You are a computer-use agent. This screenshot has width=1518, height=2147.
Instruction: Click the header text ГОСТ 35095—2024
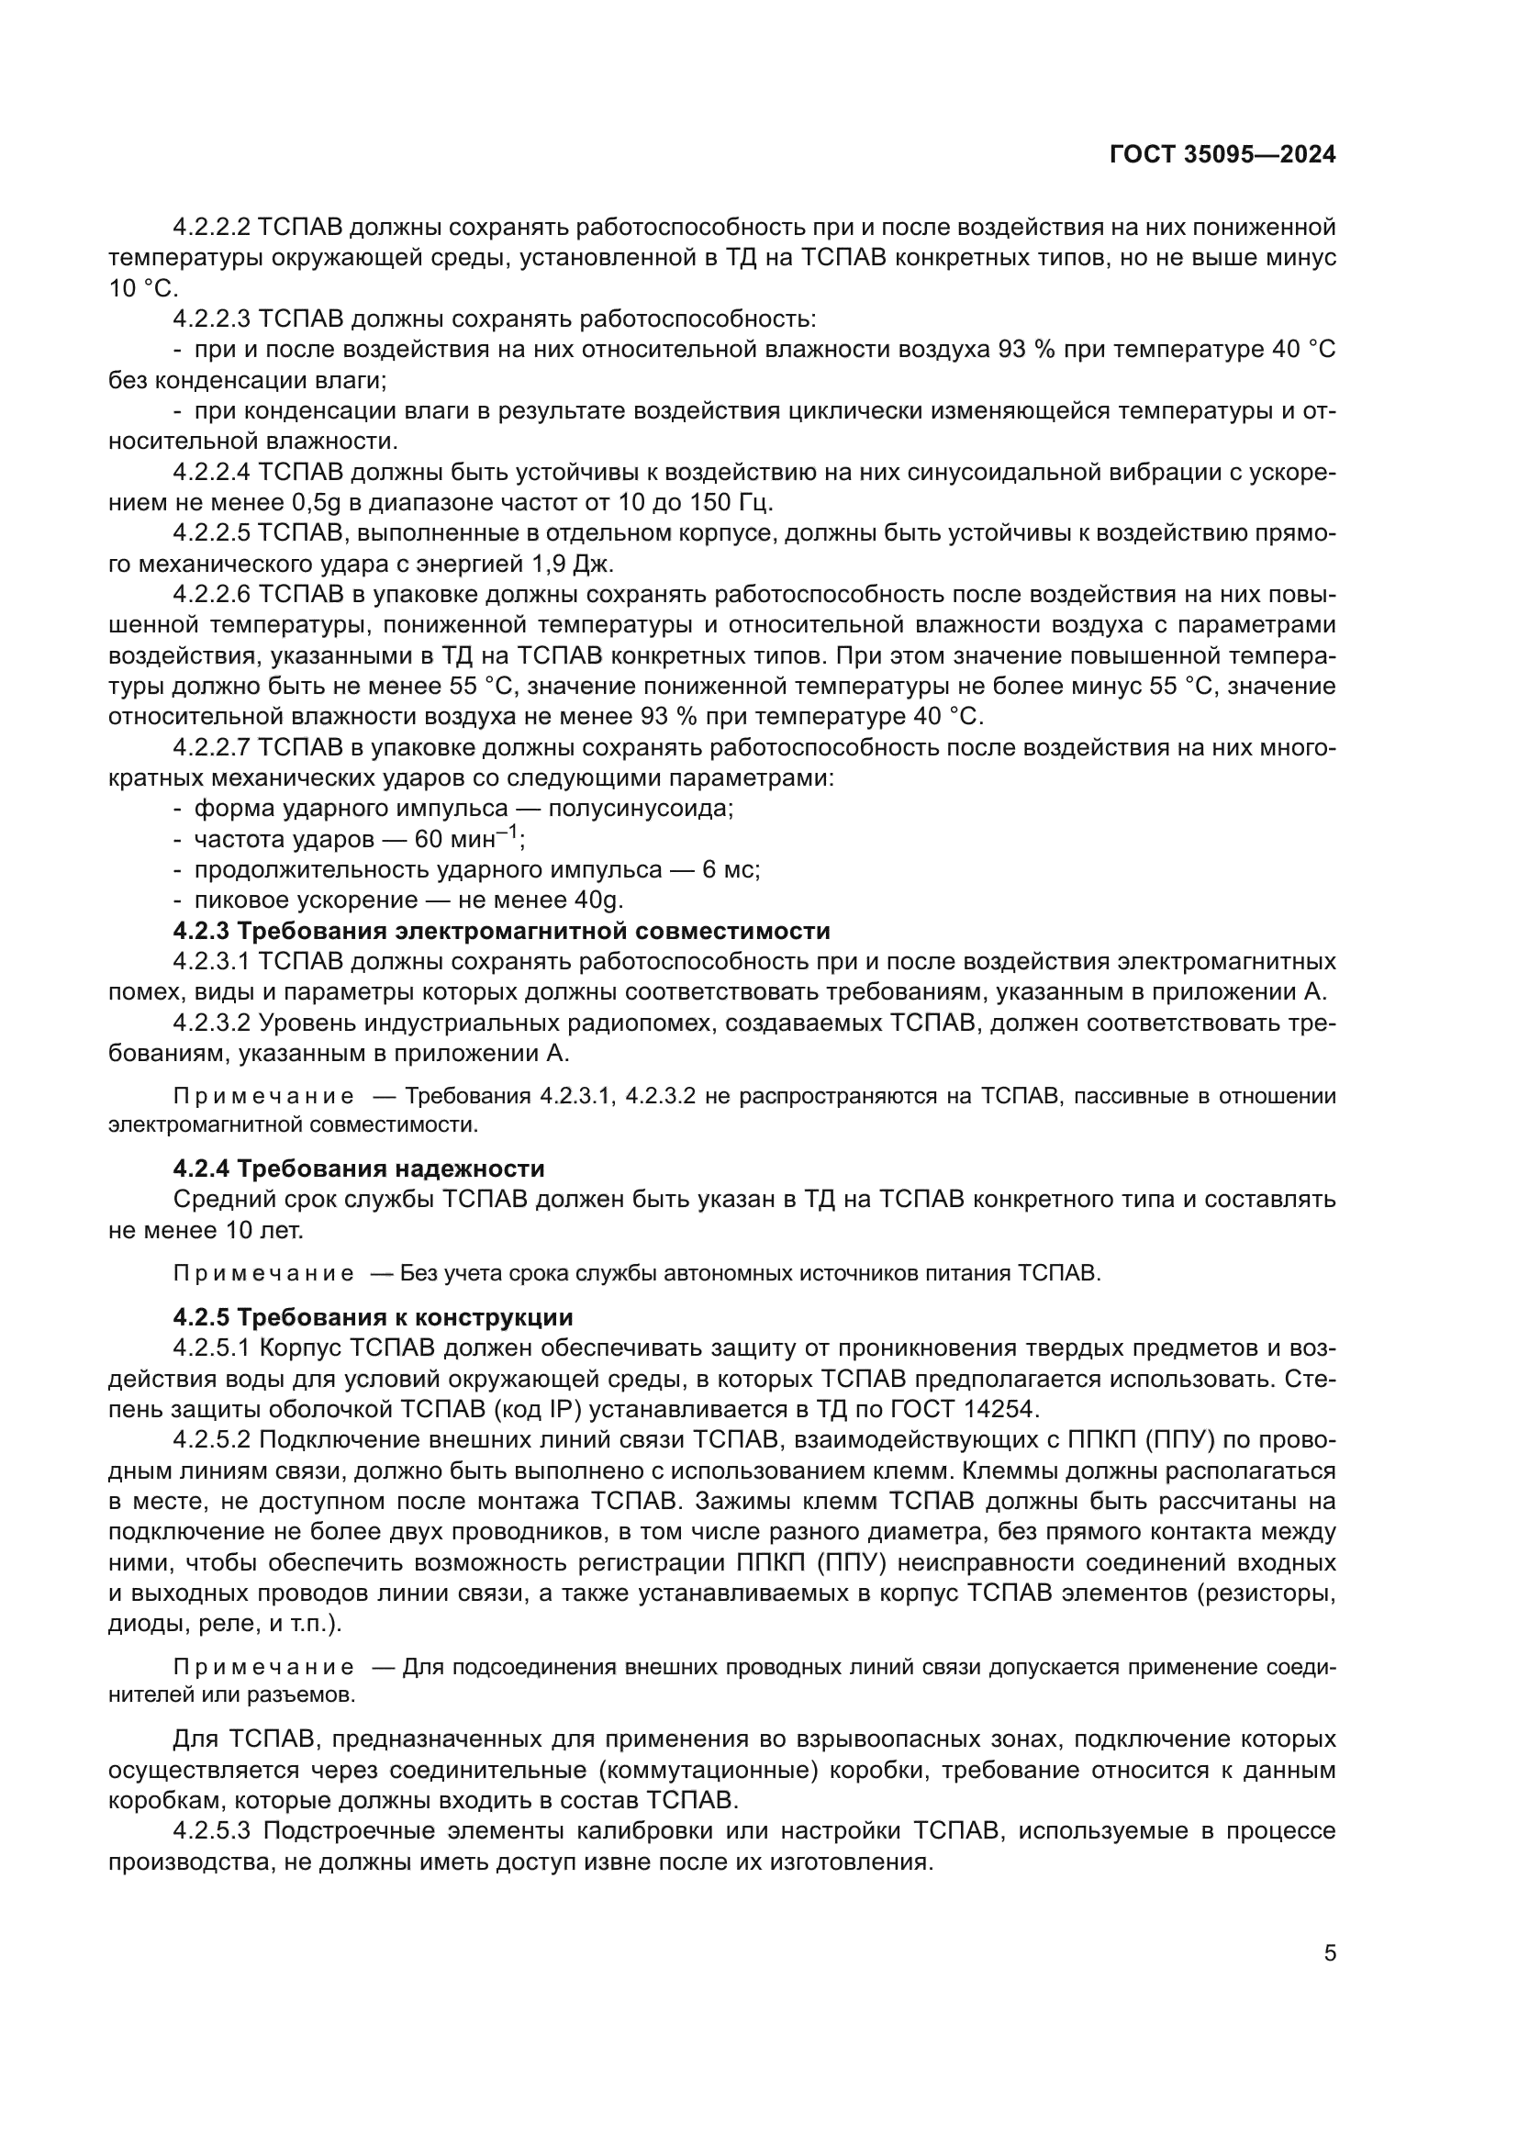tap(1222, 155)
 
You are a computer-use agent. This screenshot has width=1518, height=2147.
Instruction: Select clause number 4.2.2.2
tap(211, 228)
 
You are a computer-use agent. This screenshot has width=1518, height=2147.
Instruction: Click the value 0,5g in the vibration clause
tap(318, 504)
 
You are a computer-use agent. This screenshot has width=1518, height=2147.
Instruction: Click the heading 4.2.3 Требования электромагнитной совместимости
tap(502, 932)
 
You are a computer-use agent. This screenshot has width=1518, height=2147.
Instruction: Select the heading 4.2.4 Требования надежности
tap(359, 1169)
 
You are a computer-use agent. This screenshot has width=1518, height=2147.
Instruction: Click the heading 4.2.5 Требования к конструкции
tap(373, 1317)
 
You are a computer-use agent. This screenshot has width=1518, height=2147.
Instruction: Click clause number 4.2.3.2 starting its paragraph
tap(211, 1023)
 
